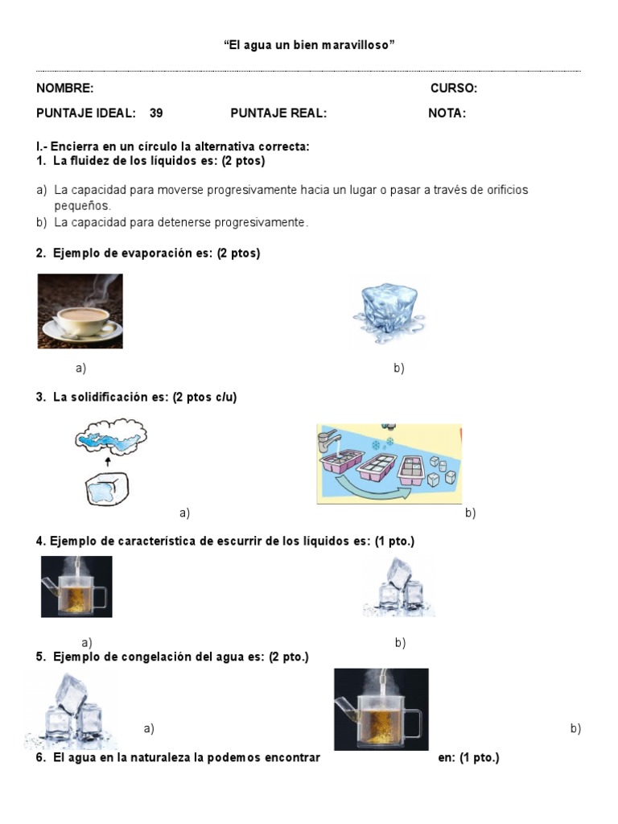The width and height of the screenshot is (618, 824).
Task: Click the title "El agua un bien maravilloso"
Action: coord(309,46)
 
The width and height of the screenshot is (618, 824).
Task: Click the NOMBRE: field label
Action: coord(64,89)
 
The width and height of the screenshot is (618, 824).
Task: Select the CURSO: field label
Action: coord(453,89)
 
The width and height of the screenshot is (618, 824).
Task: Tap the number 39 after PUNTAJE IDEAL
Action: coord(156,113)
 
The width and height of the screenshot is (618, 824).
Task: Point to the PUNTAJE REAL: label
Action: coord(278,113)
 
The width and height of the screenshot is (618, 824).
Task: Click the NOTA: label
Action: coord(447,113)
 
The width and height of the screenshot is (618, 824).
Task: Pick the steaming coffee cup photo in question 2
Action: coord(80,311)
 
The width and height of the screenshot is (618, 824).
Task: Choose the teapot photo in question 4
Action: coord(76,587)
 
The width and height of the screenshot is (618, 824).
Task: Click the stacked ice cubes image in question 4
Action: coord(399,587)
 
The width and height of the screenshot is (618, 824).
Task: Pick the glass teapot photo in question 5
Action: coord(381,709)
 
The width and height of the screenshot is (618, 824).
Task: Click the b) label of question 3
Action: coord(470,513)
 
